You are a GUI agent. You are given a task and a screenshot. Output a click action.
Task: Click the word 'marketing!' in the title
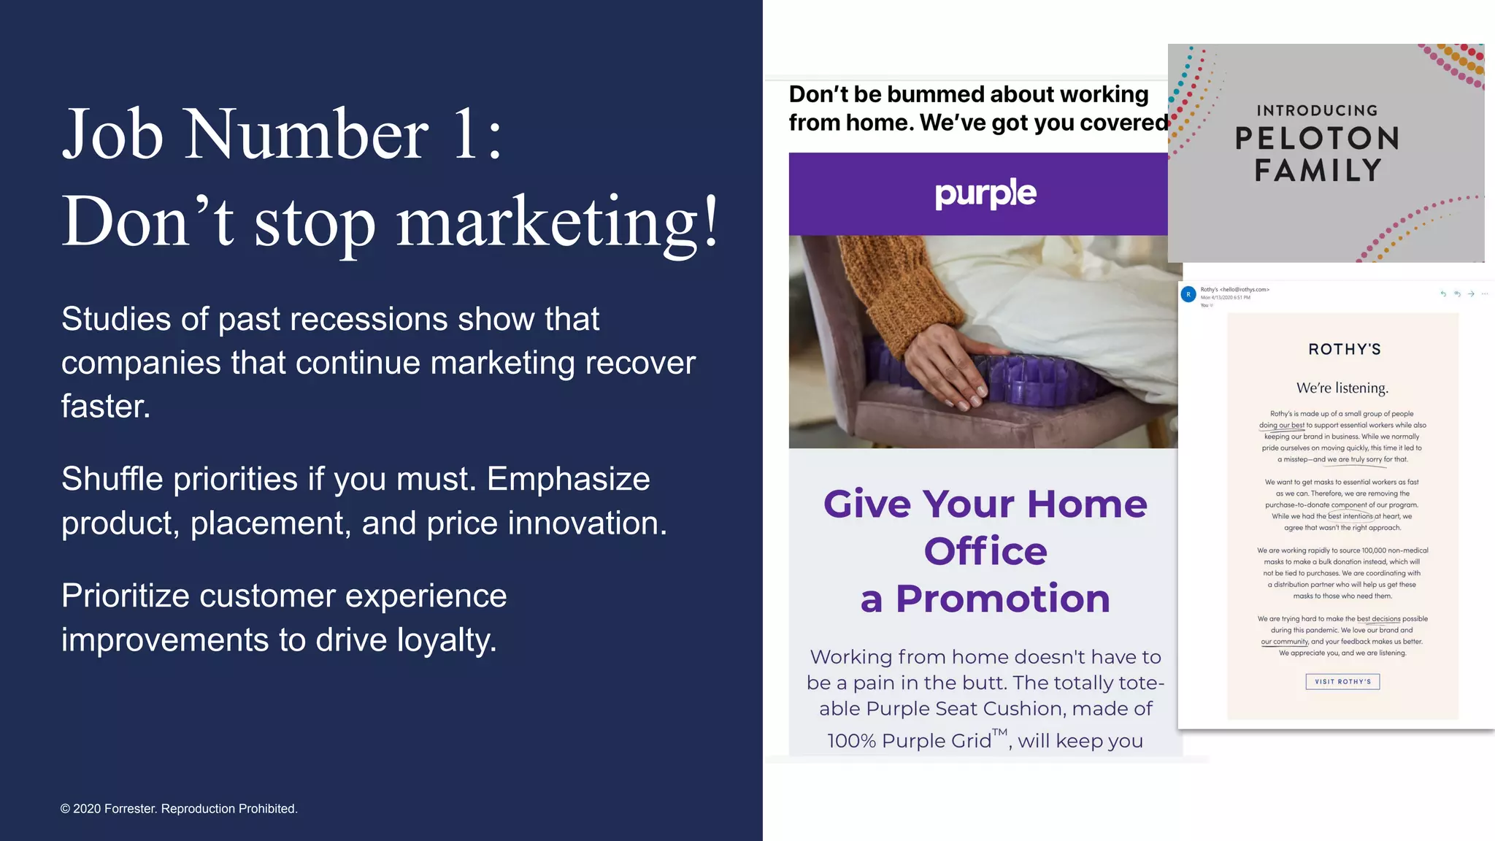coord(558,223)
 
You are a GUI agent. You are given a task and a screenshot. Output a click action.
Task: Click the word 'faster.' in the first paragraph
coord(106,407)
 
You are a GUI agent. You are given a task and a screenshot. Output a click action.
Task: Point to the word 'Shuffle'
coord(107,480)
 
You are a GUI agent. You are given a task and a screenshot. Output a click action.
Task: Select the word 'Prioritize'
coord(125,596)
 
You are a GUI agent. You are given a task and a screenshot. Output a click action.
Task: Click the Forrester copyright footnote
coord(179,809)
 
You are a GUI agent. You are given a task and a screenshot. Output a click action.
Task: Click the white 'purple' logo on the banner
coord(985,193)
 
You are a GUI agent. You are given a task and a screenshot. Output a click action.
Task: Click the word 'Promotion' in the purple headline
coord(1002,599)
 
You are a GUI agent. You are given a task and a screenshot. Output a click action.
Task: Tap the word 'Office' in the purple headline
coord(985,551)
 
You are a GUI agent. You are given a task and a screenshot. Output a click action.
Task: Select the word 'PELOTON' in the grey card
coord(1317,139)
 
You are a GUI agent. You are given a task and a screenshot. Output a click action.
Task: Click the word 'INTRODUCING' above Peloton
coord(1317,111)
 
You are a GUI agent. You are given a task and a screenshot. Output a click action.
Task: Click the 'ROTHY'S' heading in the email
coord(1344,350)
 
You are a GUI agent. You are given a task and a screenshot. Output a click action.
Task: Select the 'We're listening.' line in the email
coord(1342,388)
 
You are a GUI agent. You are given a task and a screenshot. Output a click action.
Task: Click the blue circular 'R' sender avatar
coord(1188,294)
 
